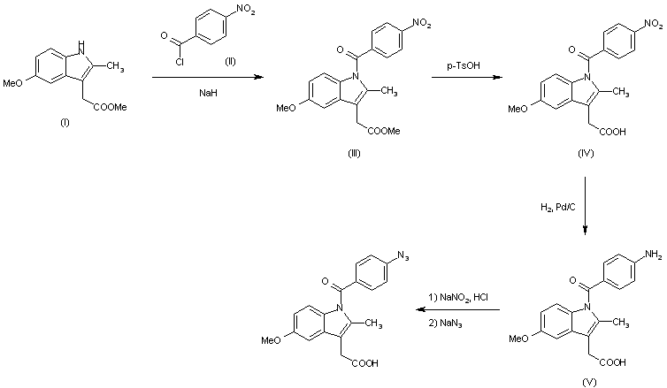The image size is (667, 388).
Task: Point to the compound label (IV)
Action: pos(585,153)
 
